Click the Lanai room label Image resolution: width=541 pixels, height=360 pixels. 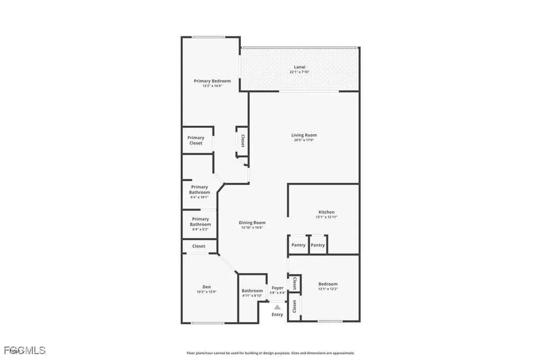(299, 67)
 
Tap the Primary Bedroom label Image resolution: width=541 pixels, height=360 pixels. (212, 81)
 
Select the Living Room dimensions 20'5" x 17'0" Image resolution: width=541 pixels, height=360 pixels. (304, 140)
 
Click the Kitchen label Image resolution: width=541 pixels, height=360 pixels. (326, 212)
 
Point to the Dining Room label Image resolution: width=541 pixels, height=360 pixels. (252, 223)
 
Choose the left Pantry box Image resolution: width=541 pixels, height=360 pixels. (299, 245)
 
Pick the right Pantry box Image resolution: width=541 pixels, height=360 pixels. (318, 245)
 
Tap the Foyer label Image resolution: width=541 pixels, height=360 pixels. (277, 288)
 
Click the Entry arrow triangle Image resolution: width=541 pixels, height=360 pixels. (277, 306)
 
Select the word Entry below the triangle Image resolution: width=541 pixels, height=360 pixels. (277, 315)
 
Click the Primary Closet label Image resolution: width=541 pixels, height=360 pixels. (196, 140)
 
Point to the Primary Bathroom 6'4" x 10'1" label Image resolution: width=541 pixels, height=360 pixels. (200, 190)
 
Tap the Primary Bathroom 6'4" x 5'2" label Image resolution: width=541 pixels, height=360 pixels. (200, 222)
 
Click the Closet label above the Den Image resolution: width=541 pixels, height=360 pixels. (199, 246)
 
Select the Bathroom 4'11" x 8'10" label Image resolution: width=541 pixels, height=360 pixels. (252, 291)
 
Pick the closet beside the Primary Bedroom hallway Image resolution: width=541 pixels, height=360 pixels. (242, 141)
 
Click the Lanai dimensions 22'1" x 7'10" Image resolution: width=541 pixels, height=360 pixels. (299, 72)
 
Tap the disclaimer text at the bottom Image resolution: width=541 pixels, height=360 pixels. (270, 353)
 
